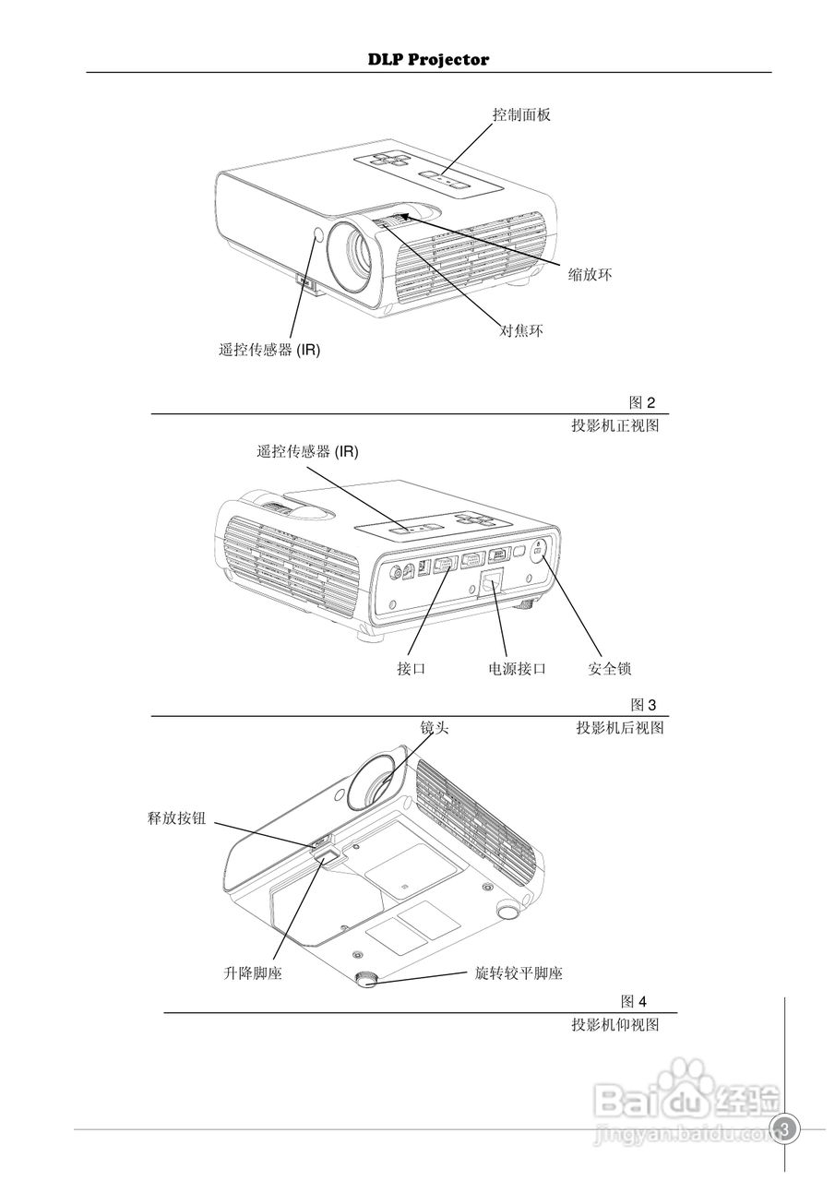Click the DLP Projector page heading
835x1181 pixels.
[x=428, y=60]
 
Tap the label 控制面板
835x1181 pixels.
[x=521, y=114]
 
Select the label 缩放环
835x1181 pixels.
[x=590, y=274]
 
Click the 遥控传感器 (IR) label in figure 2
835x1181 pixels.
[x=269, y=350]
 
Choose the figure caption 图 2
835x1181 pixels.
[x=641, y=402]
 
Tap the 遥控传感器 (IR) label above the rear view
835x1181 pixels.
[x=307, y=451]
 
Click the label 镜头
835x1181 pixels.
[x=435, y=728]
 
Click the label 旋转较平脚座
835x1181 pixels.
[x=519, y=973]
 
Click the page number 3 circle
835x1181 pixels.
[x=786, y=1128]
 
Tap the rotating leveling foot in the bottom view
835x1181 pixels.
[x=367, y=979]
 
